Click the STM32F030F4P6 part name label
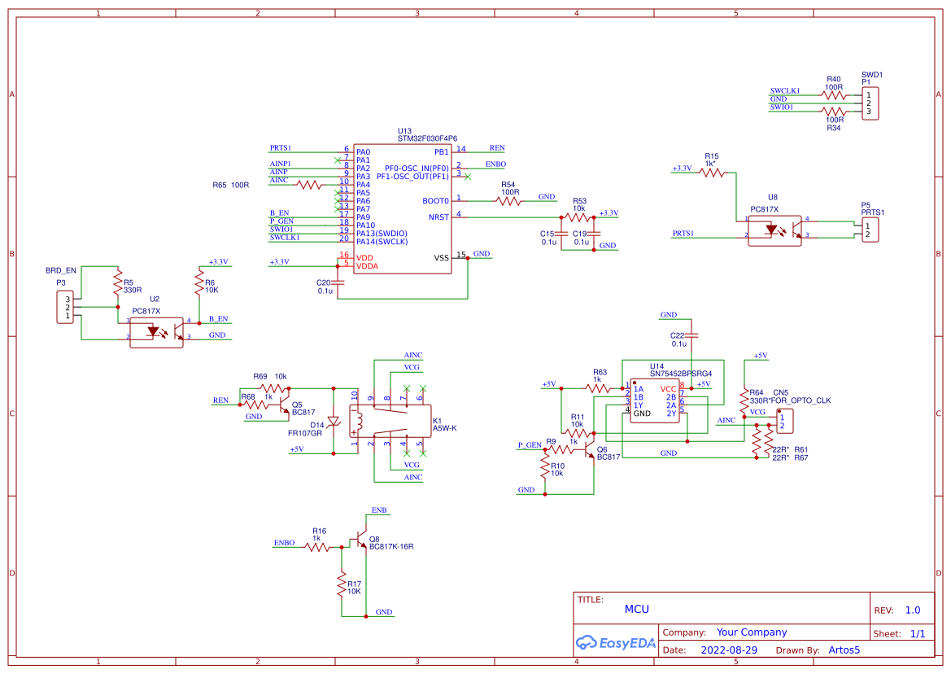(x=427, y=138)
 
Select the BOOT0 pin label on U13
(x=435, y=200)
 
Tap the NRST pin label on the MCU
(x=438, y=217)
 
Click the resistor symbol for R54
(x=509, y=200)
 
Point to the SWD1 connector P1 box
(x=870, y=103)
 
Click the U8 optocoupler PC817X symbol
(x=773, y=230)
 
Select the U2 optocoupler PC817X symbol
(x=156, y=332)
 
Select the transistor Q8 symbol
(x=359, y=541)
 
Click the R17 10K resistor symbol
(x=342, y=587)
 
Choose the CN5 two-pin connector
(x=784, y=422)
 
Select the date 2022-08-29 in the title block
(x=728, y=650)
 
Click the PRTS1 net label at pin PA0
(x=280, y=148)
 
